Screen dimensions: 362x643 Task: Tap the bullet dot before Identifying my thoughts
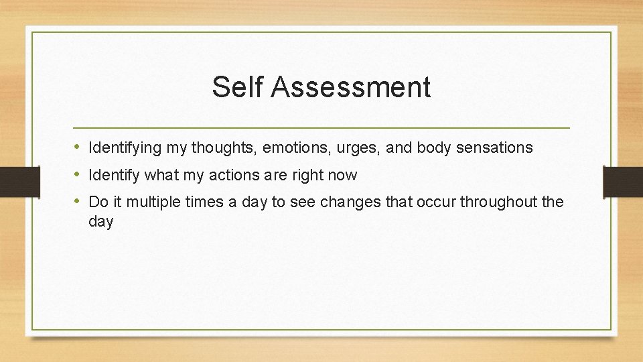(x=78, y=147)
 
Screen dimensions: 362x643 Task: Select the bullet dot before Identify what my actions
(x=78, y=175)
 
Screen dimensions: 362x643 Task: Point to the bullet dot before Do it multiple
(x=78, y=202)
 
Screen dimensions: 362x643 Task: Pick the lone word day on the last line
(x=101, y=222)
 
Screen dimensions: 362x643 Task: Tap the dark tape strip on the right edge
(x=623, y=181)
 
